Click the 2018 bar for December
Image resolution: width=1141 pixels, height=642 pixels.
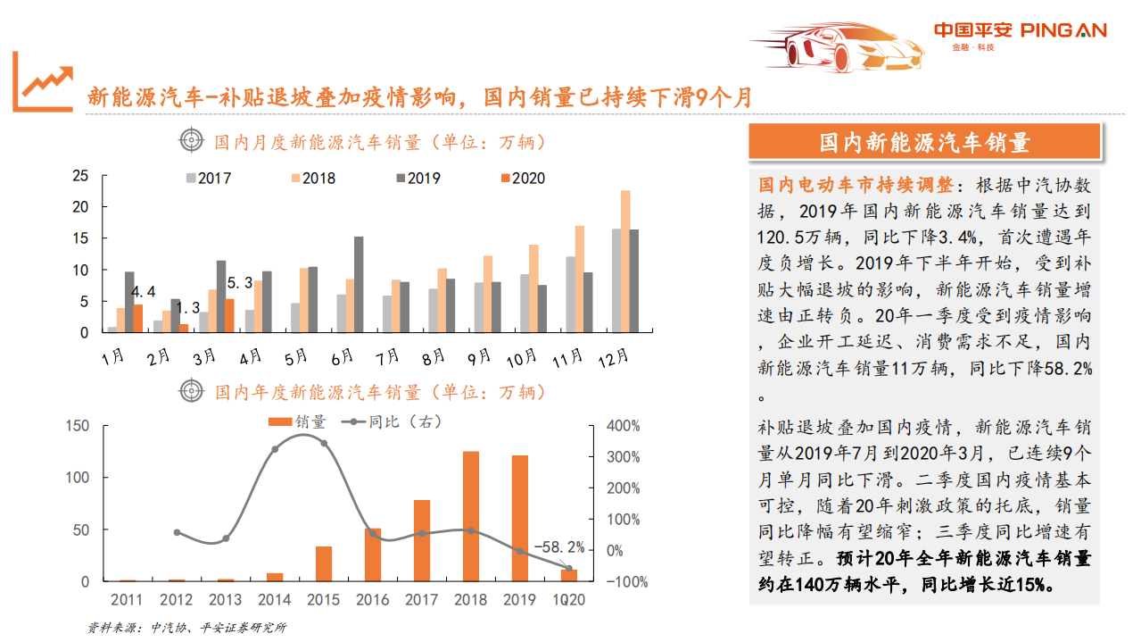coord(625,261)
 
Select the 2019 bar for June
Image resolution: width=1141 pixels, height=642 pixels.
coord(359,284)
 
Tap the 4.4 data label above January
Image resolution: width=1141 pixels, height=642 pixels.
coord(143,292)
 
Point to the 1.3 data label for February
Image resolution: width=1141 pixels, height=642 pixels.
coord(186,308)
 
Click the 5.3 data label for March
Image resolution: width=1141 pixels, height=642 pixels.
coord(240,283)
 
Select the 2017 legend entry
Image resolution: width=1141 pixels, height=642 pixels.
coord(208,178)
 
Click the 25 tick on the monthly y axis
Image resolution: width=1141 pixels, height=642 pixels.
coord(80,176)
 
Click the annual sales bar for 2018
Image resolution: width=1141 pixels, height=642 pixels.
coord(471,516)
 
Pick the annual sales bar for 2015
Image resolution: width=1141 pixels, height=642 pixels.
coord(324,563)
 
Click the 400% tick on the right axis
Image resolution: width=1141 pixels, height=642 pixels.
coord(623,426)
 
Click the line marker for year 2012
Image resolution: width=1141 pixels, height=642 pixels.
coord(177,532)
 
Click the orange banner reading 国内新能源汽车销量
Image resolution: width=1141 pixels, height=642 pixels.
coord(924,142)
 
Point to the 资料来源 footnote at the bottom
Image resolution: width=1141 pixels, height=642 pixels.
coord(186,628)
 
